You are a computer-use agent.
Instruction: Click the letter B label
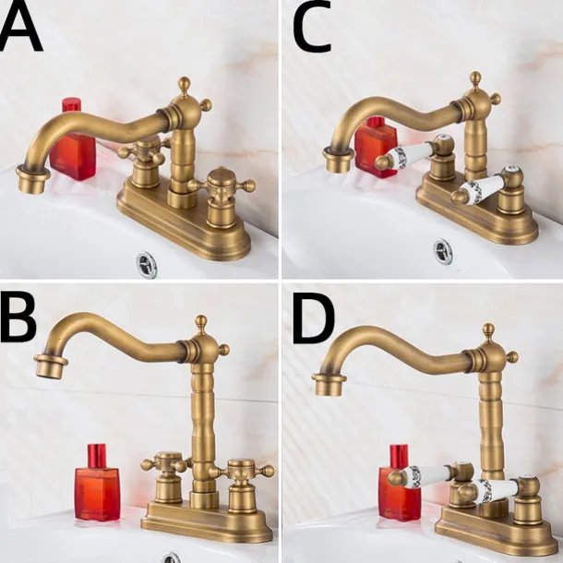[20, 319]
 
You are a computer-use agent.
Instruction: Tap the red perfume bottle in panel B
[97, 483]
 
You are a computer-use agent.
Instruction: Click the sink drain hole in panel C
[444, 249]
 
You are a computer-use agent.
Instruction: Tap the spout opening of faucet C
[338, 161]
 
